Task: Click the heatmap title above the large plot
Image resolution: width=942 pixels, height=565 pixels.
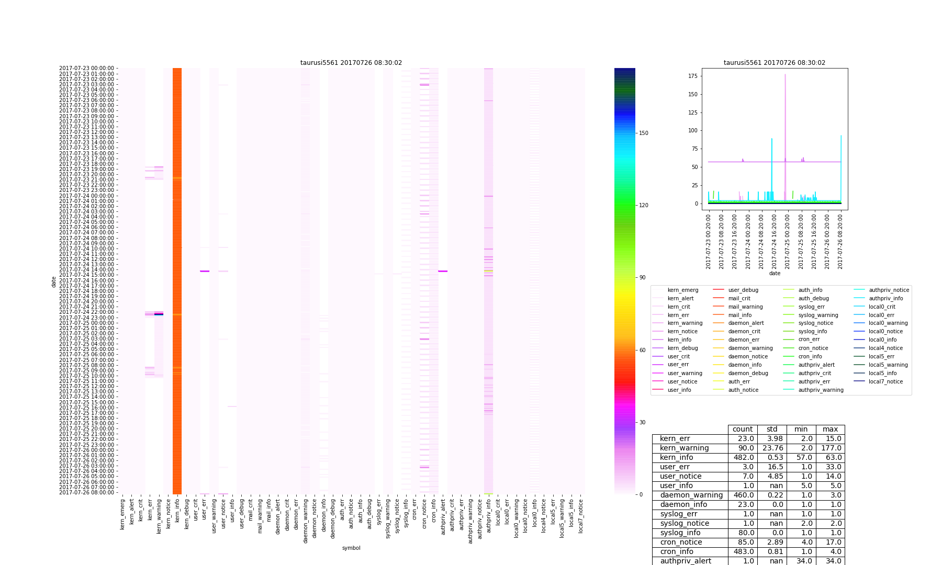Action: pos(351,63)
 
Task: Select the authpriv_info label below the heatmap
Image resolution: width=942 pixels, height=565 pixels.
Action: pos(488,516)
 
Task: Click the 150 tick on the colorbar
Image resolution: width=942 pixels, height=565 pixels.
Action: pos(643,133)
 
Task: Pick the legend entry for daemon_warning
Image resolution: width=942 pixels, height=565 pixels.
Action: pos(750,348)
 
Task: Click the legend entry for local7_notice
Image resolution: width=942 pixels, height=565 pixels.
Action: pos(885,382)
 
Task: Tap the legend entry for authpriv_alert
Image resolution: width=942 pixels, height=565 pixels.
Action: pos(816,365)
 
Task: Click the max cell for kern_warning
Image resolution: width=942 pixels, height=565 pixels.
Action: pos(830,448)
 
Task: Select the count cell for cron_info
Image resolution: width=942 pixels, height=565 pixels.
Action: pos(743,552)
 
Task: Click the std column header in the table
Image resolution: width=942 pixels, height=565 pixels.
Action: pos(772,430)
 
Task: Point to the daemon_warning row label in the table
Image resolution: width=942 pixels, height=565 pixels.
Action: pos(691,495)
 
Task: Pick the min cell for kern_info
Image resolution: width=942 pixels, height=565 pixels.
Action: pos(801,458)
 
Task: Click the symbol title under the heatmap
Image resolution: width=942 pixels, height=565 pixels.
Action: pos(351,548)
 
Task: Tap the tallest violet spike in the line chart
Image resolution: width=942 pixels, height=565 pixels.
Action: pos(785,75)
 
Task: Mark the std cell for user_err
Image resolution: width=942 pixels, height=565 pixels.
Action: pos(772,467)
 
